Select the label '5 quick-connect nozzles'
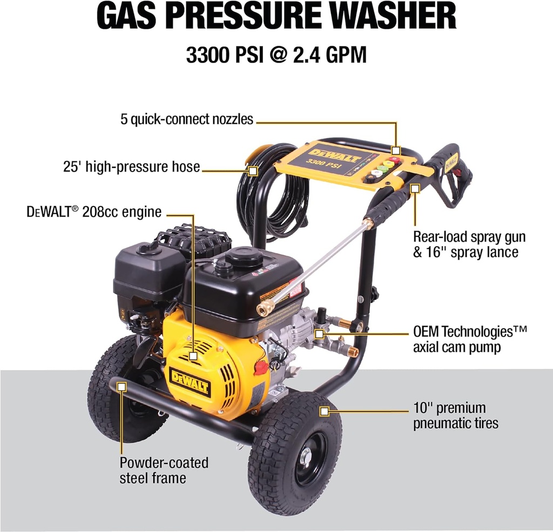[x=187, y=119]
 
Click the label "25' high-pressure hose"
[x=131, y=167]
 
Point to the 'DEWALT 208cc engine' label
[x=94, y=212]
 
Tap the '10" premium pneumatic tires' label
[x=456, y=415]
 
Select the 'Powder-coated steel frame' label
[x=164, y=470]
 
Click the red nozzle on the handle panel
[x=395, y=160]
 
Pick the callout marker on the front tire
[x=324, y=412]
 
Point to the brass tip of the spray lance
[x=265, y=309]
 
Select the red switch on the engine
[x=261, y=368]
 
